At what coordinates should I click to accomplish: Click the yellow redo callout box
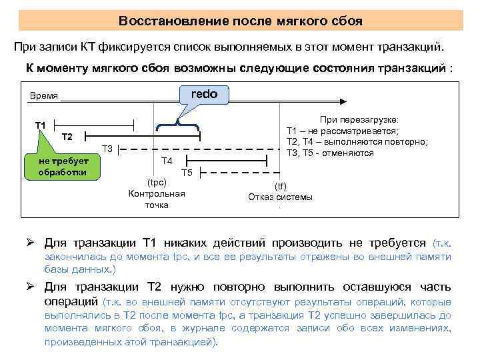[204, 94]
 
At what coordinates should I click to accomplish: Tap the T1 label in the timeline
[41, 125]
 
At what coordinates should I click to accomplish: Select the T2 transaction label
[67, 137]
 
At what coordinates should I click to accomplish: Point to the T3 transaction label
[107, 148]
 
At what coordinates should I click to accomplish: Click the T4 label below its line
[167, 161]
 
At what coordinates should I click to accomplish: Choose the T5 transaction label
[187, 173]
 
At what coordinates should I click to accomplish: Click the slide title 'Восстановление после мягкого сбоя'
[240, 21]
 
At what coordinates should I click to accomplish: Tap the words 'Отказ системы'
[280, 197]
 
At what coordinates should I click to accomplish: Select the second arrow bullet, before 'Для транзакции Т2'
[30, 287]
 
